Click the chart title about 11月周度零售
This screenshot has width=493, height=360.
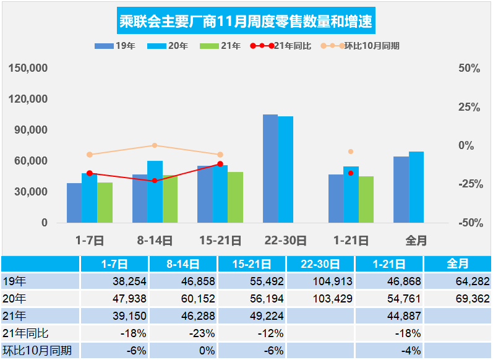pos(246,22)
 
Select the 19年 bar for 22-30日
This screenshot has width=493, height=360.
pos(270,168)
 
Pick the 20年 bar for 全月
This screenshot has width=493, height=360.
pos(416,187)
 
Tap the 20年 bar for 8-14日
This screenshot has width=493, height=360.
pos(155,192)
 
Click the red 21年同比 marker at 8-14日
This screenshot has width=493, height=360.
pos(155,181)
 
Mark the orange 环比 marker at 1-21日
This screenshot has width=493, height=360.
pos(351,152)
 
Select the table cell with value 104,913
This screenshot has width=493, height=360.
pos(320,281)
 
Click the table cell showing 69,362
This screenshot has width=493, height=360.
pos(457,299)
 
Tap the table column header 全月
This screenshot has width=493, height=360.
pos(457,264)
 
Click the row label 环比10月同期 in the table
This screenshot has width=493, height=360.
pos(37,351)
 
